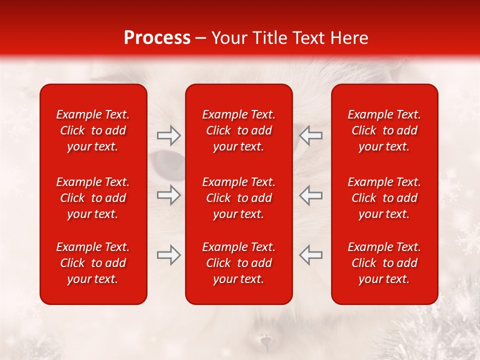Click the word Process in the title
click(x=157, y=38)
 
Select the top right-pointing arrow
click(x=168, y=135)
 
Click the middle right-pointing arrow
click(x=168, y=195)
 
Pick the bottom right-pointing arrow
click(x=168, y=255)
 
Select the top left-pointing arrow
click(x=310, y=135)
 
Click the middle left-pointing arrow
click(x=310, y=195)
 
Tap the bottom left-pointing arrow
click(x=310, y=255)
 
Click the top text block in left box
click(x=93, y=130)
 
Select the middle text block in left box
click(x=93, y=198)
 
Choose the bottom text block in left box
click(x=93, y=263)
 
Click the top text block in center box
click(x=239, y=130)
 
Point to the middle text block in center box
click(x=239, y=198)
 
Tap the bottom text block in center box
click(x=239, y=263)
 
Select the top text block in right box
click(x=384, y=130)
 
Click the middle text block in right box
click(x=384, y=198)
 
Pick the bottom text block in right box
click(x=384, y=263)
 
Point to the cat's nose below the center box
click(x=265, y=341)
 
